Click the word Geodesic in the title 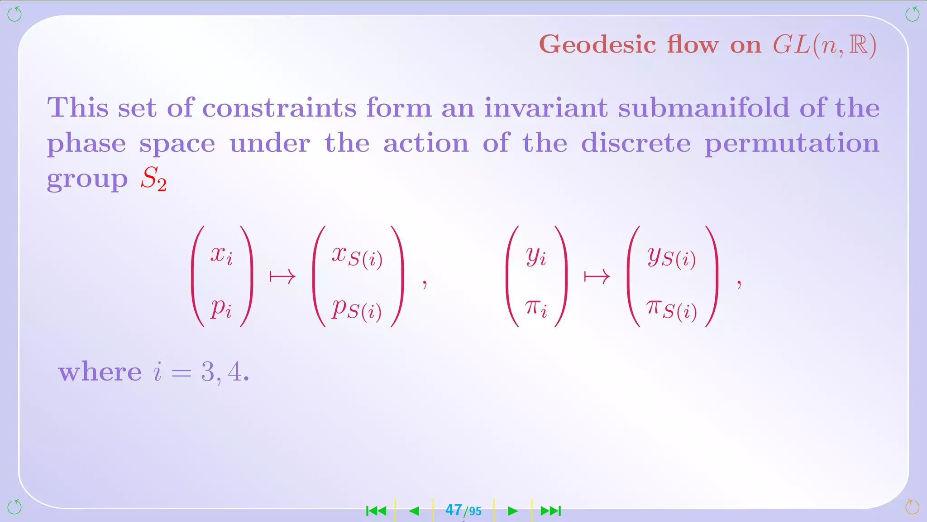[x=597, y=45]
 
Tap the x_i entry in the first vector [x=221, y=256]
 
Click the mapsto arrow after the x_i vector [x=282, y=276]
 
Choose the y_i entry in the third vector [x=536, y=256]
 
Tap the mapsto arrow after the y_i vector [x=597, y=276]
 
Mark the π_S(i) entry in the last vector [x=672, y=310]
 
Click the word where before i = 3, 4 [x=100, y=372]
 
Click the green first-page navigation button [x=376, y=511]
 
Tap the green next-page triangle [x=512, y=511]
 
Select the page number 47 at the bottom [x=454, y=510]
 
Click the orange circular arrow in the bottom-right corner [x=912, y=507]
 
